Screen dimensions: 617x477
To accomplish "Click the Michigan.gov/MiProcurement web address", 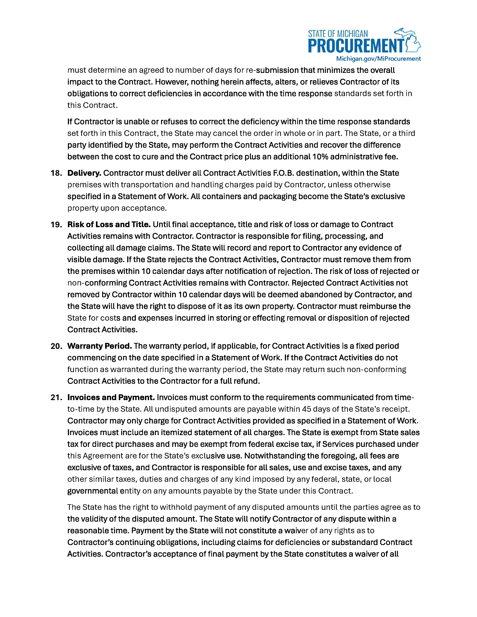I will click(x=378, y=59).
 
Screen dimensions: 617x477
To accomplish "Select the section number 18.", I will click(x=56, y=173).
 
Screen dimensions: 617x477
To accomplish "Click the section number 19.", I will click(x=56, y=225).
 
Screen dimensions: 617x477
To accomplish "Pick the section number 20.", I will click(x=56, y=346).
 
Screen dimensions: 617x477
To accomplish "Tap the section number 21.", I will click(x=56, y=397).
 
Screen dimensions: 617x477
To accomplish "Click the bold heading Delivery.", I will click(x=84, y=173).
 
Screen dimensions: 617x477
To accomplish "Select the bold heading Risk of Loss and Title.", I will click(x=109, y=225).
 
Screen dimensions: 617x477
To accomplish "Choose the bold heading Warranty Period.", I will click(x=100, y=346).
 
